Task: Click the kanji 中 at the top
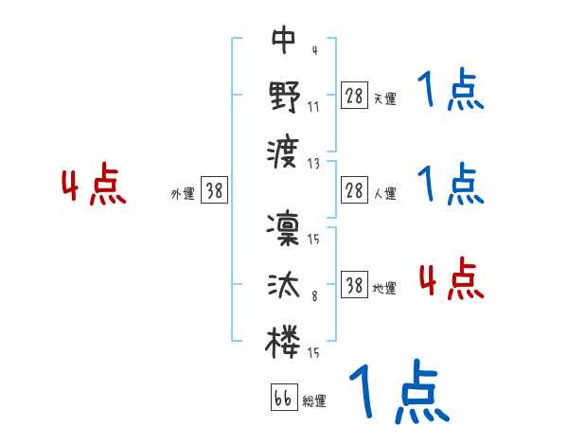pyautogui.click(x=284, y=40)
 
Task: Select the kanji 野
pyautogui.click(x=284, y=97)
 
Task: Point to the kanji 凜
pyautogui.click(x=284, y=228)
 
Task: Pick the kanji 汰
pyautogui.click(x=284, y=285)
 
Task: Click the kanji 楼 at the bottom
pyautogui.click(x=284, y=342)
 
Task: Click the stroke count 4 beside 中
pyautogui.click(x=313, y=50)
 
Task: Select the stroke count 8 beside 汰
pyautogui.click(x=313, y=295)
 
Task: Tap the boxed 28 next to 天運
pyautogui.click(x=354, y=96)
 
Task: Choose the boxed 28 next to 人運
pyautogui.click(x=354, y=189)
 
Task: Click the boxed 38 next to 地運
pyautogui.click(x=354, y=284)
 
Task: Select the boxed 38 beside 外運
pyautogui.click(x=214, y=190)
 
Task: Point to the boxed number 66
pyautogui.click(x=282, y=398)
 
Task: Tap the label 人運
pyautogui.click(x=384, y=192)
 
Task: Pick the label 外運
pyautogui.click(x=182, y=193)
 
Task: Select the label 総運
pyautogui.click(x=313, y=400)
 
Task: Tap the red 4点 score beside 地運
pyautogui.click(x=451, y=280)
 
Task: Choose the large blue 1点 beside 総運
pyautogui.click(x=398, y=393)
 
